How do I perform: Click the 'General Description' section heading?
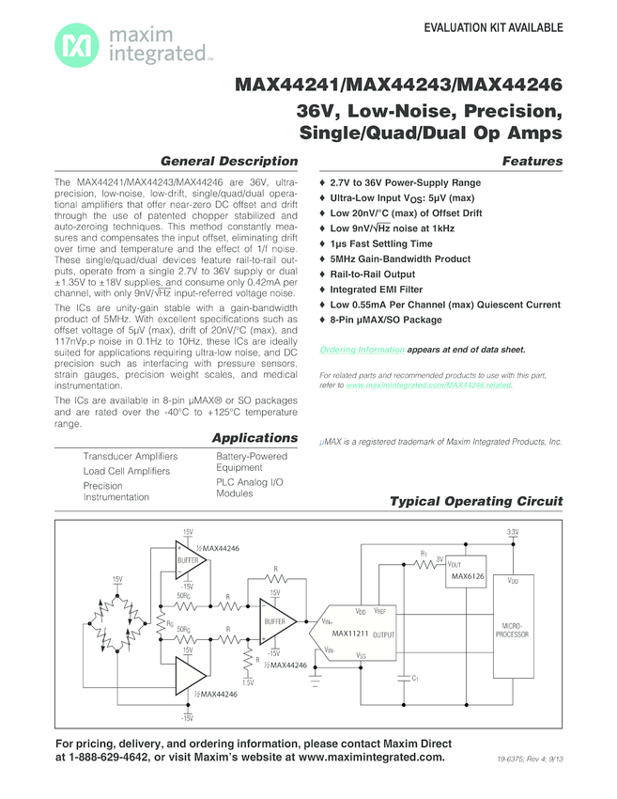pyautogui.click(x=229, y=161)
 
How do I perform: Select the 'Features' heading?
pyautogui.click(x=532, y=161)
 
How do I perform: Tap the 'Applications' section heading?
pyautogui.click(x=255, y=438)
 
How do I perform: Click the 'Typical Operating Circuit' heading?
pyautogui.click(x=476, y=501)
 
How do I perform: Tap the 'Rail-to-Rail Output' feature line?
pyautogui.click(x=379, y=274)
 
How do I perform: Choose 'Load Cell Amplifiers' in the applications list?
pyautogui.click(x=127, y=471)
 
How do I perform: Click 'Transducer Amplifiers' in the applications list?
pyautogui.click(x=131, y=456)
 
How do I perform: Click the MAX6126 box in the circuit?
pyautogui.click(x=468, y=575)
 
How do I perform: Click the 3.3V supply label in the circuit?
pyautogui.click(x=513, y=532)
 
